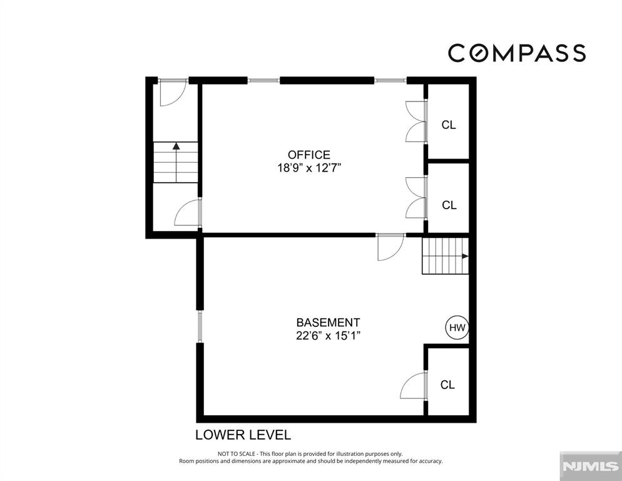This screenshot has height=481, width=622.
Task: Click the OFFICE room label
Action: pyautogui.click(x=309, y=155)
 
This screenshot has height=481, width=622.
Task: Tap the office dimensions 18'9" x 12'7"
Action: pyautogui.click(x=309, y=168)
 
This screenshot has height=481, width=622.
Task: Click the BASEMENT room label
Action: pyautogui.click(x=328, y=322)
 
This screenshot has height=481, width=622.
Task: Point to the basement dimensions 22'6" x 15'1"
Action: pyautogui.click(x=328, y=336)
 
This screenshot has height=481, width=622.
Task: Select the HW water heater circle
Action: pyautogui.click(x=457, y=328)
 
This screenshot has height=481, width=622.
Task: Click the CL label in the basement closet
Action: pyautogui.click(x=447, y=385)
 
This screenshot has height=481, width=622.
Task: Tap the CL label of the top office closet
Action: pyautogui.click(x=449, y=125)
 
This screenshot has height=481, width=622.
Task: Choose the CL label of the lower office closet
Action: pyautogui.click(x=449, y=205)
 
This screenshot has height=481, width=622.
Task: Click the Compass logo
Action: pyautogui.click(x=517, y=53)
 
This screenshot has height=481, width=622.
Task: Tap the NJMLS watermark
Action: pyautogui.click(x=590, y=467)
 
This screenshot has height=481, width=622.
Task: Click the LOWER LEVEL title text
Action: pyautogui.click(x=243, y=435)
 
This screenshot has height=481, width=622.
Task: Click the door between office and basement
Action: pyautogui.click(x=391, y=247)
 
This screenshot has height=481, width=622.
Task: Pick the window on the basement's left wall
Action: pyautogui.click(x=200, y=326)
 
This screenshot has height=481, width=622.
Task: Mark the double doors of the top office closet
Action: pyautogui.click(x=416, y=122)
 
